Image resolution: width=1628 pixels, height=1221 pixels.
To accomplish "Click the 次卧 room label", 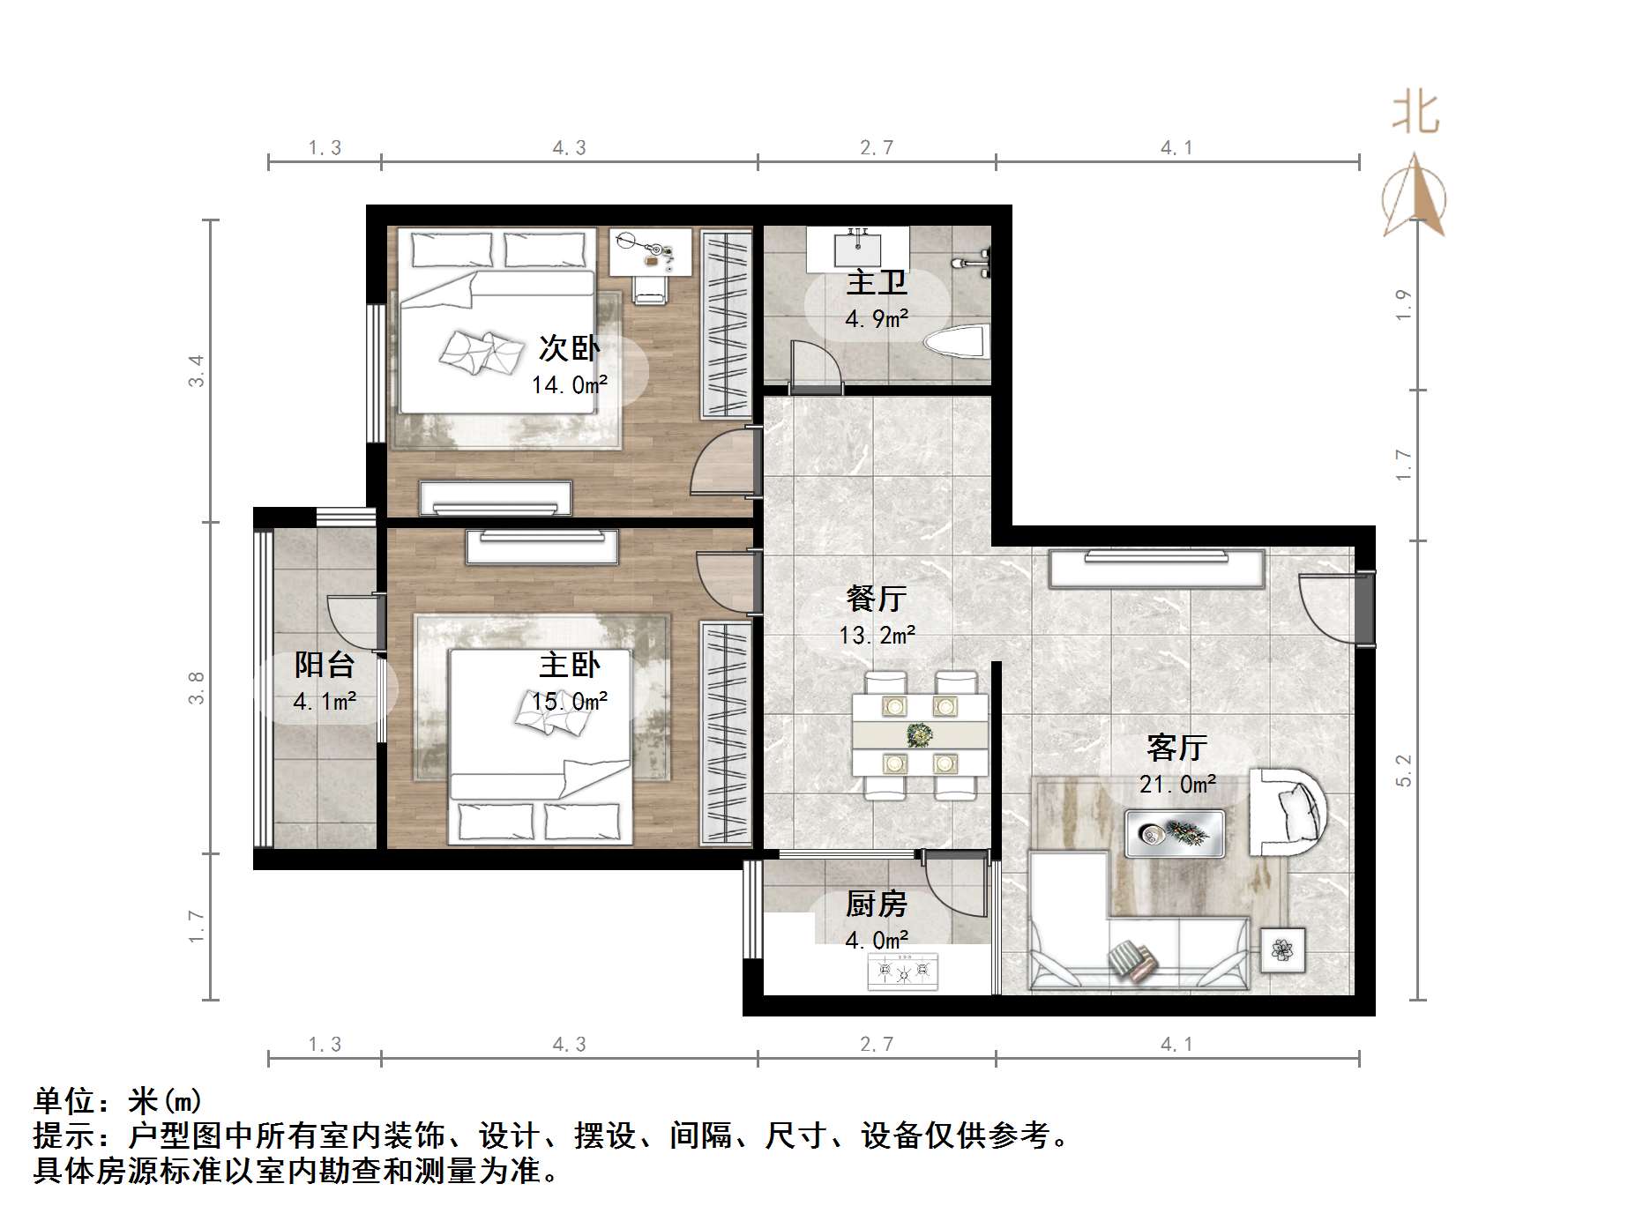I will pos(569,349).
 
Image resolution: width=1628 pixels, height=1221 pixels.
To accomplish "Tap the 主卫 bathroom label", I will pos(876,283).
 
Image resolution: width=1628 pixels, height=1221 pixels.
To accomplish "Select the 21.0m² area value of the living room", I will pos(1177,784).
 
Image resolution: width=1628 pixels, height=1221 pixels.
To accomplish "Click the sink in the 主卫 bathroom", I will pos(857,247).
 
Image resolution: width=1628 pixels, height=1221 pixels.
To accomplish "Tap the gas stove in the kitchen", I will pos(903,972).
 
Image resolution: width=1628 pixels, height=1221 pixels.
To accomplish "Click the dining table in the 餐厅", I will pos(920,734).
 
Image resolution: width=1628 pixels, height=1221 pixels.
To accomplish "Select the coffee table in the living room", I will pos(1174,833).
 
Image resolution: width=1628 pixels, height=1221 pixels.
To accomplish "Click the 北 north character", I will pos(1415,114).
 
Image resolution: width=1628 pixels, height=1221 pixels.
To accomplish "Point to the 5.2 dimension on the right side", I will pos(1403,771).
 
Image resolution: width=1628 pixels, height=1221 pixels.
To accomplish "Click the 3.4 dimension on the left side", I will pos(196,370).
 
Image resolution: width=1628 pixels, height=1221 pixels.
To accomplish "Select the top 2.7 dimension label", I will pos(877,148).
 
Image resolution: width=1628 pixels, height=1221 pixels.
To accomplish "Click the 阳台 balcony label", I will pos(325,665).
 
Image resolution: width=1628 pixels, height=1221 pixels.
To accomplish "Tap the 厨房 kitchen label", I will pos(876,904).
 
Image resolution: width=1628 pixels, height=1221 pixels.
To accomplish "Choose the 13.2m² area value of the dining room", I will pos(877,635).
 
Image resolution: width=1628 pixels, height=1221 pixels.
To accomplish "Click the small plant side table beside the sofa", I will pos(1282,949).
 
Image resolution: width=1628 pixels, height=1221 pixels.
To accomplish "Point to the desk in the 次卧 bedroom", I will pos(651,251).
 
